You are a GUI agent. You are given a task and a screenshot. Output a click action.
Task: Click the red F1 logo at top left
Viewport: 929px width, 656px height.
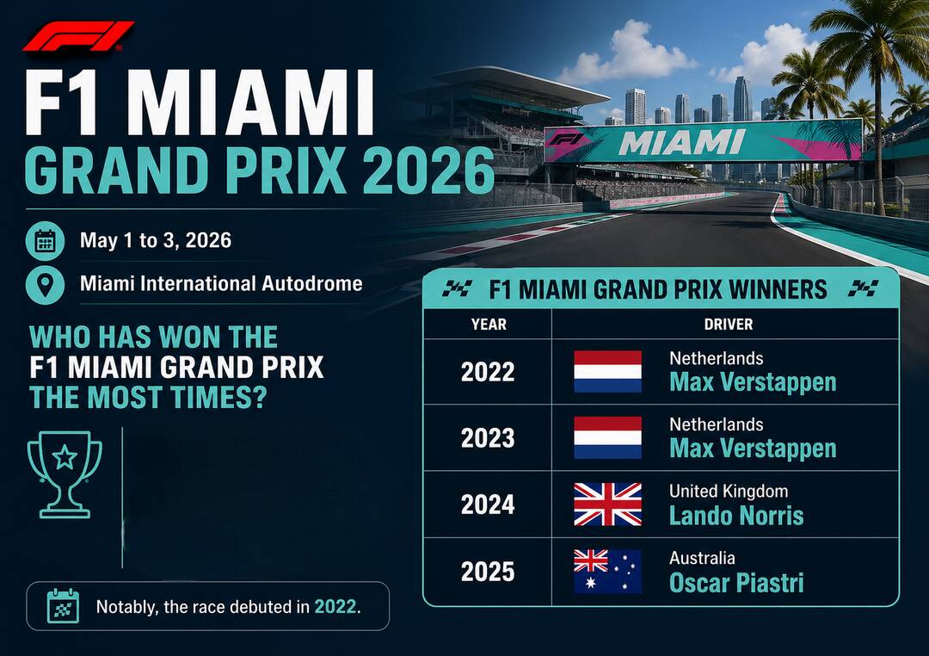[77, 36]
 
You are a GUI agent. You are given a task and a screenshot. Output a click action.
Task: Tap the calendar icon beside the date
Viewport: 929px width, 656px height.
[45, 241]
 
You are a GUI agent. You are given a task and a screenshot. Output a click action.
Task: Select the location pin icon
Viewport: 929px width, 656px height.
[45, 285]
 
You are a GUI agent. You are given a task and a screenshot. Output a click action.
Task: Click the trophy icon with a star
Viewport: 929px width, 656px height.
[65, 474]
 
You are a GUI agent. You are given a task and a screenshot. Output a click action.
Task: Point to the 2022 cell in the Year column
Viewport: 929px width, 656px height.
[488, 372]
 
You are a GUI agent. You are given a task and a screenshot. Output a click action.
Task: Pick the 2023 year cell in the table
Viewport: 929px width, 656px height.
[488, 437]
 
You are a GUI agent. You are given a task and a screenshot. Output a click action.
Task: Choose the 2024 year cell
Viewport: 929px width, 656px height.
[488, 504]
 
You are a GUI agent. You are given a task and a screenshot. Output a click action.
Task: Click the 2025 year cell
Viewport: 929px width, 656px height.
[488, 572]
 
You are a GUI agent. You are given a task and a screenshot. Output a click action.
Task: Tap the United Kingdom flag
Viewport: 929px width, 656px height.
[607, 504]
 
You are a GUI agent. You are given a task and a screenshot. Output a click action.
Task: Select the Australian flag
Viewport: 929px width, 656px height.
[607, 571]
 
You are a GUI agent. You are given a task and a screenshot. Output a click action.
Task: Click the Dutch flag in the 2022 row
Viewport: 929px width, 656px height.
[607, 371]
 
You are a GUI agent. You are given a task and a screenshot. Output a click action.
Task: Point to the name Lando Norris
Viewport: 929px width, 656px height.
[736, 516]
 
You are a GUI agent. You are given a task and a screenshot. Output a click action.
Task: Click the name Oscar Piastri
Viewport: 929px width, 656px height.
[736, 583]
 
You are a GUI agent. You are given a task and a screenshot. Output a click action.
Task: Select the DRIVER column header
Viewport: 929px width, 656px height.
[729, 325]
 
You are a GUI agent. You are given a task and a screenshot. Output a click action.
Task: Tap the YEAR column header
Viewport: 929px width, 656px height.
[489, 325]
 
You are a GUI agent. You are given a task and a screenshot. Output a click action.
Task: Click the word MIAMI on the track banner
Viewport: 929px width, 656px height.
[681, 143]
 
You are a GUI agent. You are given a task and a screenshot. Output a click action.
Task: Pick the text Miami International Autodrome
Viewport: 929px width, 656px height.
[221, 283]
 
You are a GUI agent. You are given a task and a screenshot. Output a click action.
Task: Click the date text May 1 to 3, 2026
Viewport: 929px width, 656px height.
[155, 240]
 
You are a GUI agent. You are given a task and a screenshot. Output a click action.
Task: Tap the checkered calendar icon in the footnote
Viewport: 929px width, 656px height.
[63, 605]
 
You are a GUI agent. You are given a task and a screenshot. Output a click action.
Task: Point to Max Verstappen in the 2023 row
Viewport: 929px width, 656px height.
[753, 449]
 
